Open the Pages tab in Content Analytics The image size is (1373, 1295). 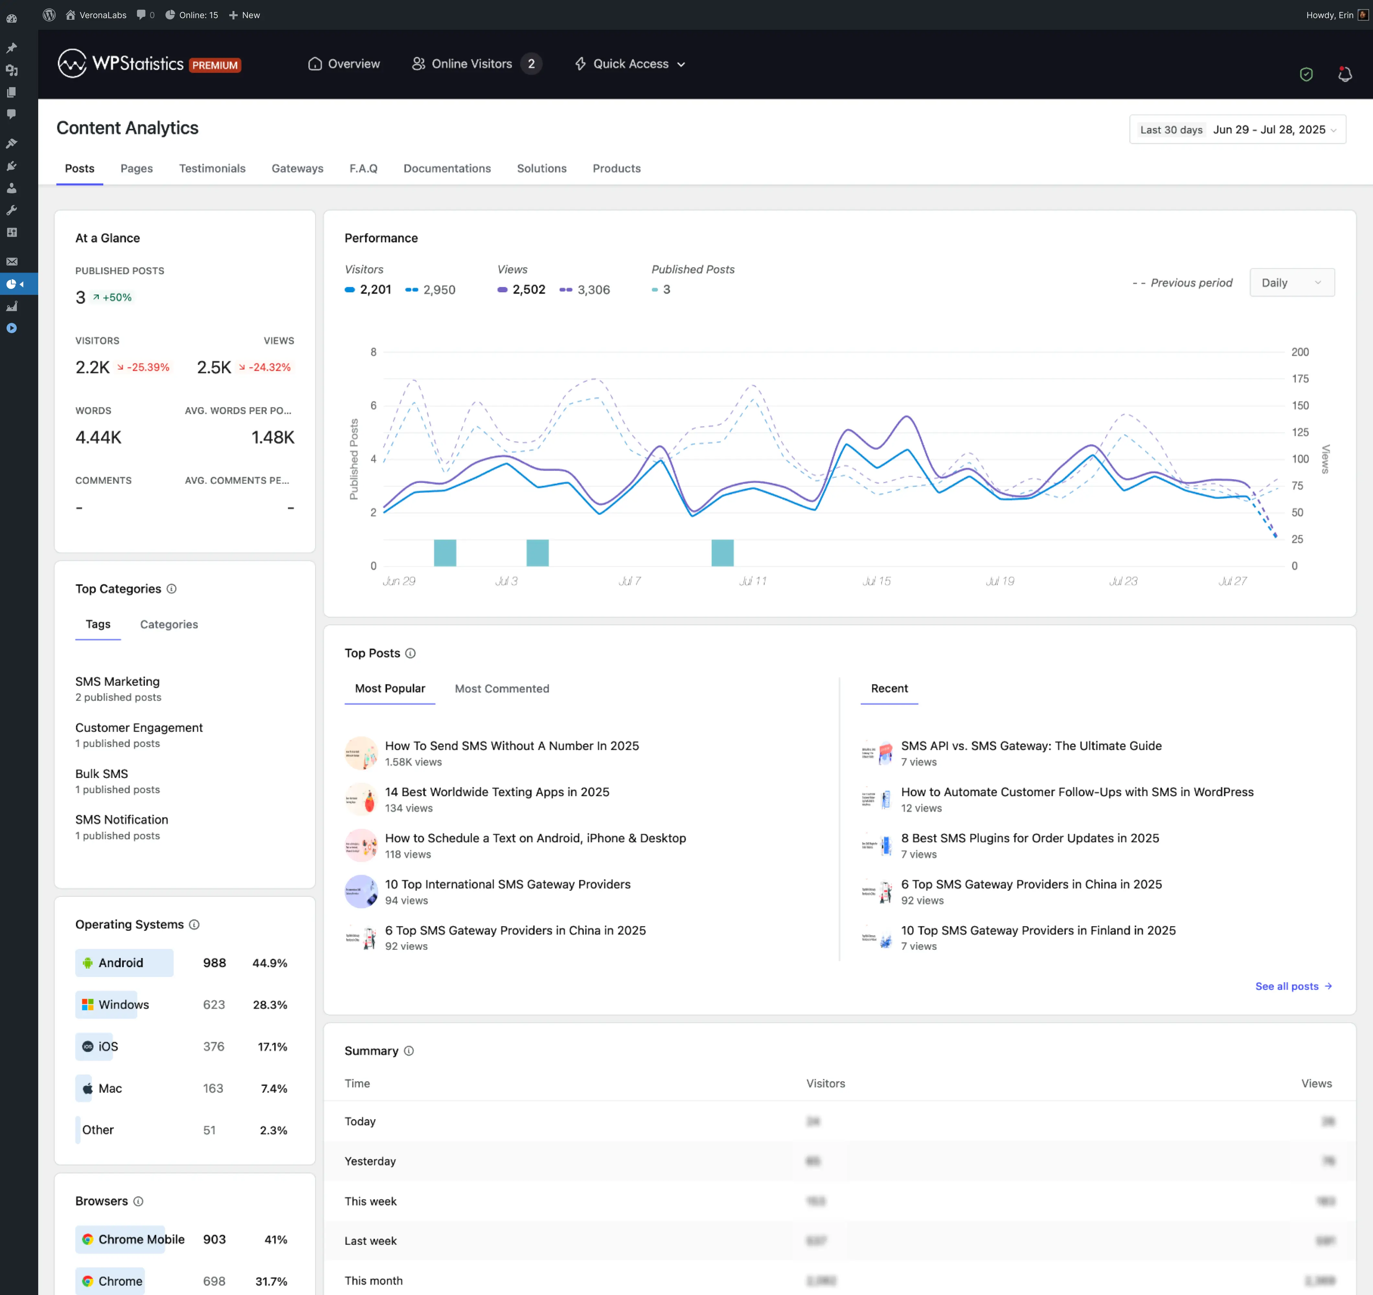(136, 169)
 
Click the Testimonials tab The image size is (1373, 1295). (212, 169)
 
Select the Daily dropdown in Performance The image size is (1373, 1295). (1291, 283)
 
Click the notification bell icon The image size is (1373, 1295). (1344, 74)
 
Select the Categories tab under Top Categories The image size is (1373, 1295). (168, 625)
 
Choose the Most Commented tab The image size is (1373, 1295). (501, 689)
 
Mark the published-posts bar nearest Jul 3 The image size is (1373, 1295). (537, 553)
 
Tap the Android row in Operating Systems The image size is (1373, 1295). (121, 963)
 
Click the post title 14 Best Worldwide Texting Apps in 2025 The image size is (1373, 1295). (496, 792)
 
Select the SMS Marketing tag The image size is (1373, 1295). (118, 682)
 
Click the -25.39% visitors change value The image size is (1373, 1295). (147, 367)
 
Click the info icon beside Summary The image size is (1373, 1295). (409, 1051)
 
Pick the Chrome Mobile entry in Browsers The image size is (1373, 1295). (141, 1240)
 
